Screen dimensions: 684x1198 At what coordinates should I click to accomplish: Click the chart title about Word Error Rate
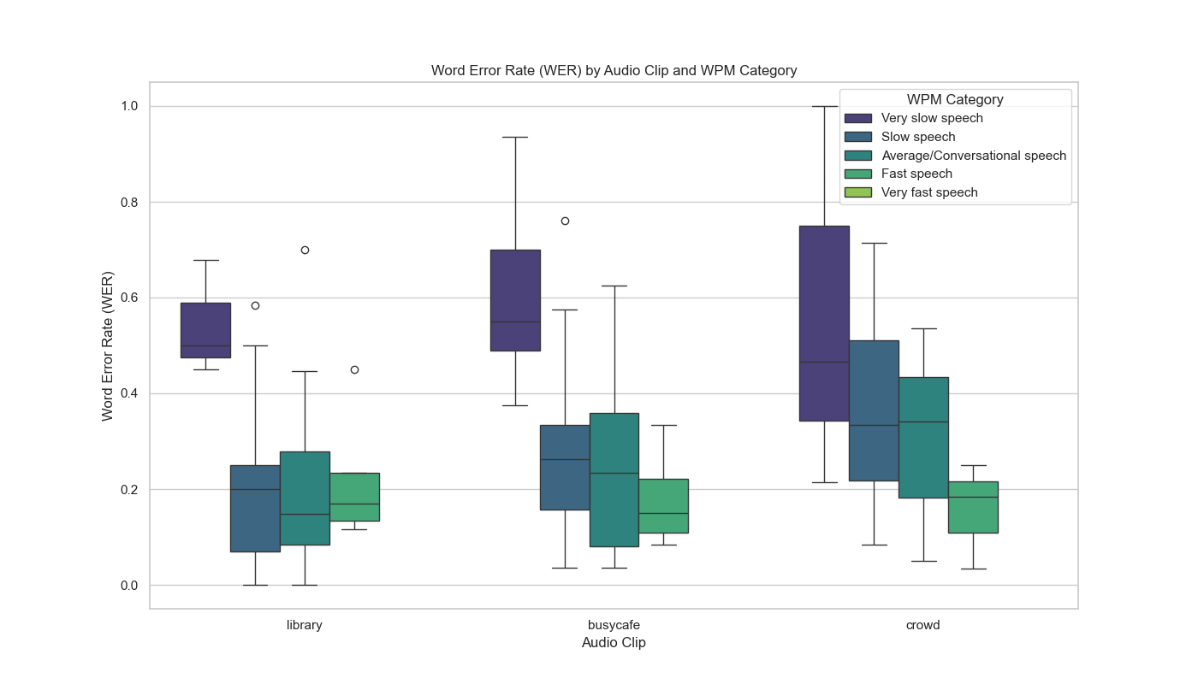coord(614,70)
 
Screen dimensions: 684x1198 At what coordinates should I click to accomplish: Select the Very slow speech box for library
coord(205,330)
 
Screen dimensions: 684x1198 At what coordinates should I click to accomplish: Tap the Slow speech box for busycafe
coord(565,467)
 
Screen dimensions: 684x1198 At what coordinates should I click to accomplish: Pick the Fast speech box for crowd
coord(973,507)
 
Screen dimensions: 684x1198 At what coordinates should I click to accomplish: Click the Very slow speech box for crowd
coord(824,323)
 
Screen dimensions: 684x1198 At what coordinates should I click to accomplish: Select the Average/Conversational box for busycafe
coord(614,480)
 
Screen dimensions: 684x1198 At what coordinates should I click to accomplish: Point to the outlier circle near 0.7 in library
coord(305,250)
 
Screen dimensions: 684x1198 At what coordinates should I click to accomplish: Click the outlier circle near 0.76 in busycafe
coord(565,221)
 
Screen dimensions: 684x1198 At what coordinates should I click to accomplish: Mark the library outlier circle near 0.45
coord(354,369)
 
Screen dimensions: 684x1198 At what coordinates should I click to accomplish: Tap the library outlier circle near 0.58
coord(255,305)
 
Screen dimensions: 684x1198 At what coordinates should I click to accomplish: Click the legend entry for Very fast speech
coord(929,192)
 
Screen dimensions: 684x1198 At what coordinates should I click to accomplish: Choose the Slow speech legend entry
coord(918,137)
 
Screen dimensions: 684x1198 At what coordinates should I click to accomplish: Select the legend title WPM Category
coord(955,99)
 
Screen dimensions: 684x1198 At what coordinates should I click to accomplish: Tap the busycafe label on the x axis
coord(614,625)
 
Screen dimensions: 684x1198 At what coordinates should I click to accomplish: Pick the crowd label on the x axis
coord(922,625)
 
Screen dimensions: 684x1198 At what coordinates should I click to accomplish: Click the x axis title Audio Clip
coord(614,643)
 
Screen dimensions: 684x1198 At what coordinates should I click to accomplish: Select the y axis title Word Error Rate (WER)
coord(108,345)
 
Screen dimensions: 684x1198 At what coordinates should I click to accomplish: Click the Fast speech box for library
coord(354,497)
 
